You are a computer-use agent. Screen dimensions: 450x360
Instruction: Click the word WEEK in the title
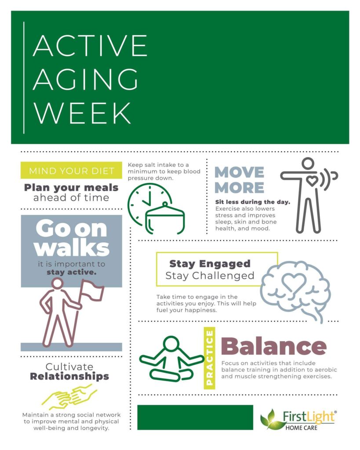pos(82,112)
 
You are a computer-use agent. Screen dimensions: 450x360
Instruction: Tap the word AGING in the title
pos(85,79)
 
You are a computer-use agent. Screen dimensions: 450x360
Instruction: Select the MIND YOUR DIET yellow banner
pos(71,171)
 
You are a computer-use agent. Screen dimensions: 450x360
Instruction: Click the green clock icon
pos(148,203)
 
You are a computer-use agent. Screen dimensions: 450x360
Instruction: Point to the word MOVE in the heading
pos(239,172)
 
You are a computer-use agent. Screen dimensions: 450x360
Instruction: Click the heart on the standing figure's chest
pos(311,180)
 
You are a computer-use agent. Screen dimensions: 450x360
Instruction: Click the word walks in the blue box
pos(72,248)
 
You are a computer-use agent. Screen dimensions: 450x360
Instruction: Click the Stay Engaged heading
pos(210,264)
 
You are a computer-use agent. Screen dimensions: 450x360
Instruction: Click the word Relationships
pos(69,377)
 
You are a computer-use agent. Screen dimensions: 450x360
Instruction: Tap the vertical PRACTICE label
pos(210,359)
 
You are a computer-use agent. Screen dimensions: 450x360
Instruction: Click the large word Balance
pos(273,347)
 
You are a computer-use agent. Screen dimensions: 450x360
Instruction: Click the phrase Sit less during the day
pos(252,202)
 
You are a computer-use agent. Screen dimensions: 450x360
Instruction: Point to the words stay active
pos(72,272)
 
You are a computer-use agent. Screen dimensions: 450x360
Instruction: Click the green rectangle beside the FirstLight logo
pos(195,417)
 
